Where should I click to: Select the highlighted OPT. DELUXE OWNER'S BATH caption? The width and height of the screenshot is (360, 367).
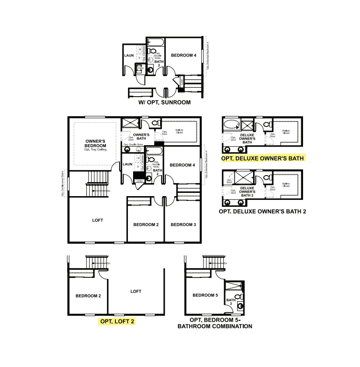click(x=262, y=158)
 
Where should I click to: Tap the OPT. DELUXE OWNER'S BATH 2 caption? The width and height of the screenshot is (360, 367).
click(x=262, y=212)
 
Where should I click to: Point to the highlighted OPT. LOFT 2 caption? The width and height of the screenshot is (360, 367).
click(x=117, y=321)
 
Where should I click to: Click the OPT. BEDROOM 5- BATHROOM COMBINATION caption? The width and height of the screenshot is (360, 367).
click(x=215, y=324)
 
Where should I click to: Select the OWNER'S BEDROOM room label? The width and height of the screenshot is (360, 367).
click(x=96, y=143)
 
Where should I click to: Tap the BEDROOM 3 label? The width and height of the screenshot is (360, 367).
click(x=183, y=225)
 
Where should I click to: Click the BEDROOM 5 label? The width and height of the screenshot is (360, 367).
click(x=205, y=295)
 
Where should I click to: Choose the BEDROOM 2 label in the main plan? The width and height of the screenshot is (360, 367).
click(x=146, y=225)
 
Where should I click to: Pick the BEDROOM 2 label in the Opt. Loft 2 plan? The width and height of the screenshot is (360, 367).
click(x=88, y=296)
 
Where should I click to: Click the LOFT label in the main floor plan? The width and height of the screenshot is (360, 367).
click(x=97, y=220)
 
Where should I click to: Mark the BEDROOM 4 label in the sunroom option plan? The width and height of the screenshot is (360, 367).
click(x=184, y=56)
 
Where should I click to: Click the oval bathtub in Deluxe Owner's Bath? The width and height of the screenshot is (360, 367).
click(x=231, y=125)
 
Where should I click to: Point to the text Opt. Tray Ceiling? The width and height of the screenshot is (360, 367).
click(x=96, y=150)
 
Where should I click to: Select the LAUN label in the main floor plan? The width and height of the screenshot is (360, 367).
click(x=127, y=164)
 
